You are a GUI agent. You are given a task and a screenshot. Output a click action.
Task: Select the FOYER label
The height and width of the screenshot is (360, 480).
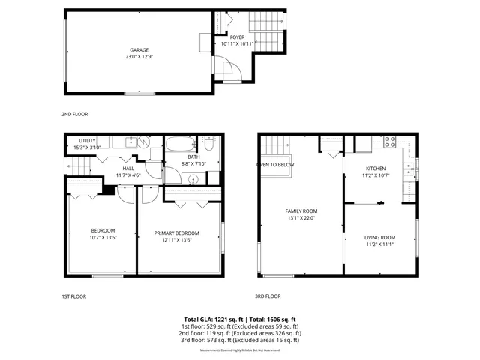tap(237, 37)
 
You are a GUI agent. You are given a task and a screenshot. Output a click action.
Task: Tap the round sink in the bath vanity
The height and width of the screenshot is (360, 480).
tap(193, 178)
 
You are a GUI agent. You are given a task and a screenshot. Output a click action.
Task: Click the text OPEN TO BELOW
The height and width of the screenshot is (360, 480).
tap(275, 164)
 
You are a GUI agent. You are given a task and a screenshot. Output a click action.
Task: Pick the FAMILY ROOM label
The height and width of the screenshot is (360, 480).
tap(301, 211)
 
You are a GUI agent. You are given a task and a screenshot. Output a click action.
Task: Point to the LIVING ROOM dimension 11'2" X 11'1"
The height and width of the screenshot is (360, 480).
tap(379, 244)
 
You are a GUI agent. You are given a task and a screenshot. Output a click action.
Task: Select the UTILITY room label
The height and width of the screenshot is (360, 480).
tap(87, 141)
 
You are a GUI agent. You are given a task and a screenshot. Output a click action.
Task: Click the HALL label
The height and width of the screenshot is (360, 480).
tap(128, 169)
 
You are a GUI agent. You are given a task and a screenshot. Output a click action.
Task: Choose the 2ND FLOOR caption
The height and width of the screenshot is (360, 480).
tap(74, 115)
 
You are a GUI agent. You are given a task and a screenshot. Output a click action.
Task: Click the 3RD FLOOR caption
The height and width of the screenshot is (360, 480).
tap(268, 296)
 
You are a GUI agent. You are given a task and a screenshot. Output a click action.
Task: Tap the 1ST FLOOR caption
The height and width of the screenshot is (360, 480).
tap(73, 296)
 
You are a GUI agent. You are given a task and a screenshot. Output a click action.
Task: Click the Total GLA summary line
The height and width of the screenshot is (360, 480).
tap(240, 319)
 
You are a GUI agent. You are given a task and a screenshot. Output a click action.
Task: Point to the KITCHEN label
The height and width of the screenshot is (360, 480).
tap(375, 169)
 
